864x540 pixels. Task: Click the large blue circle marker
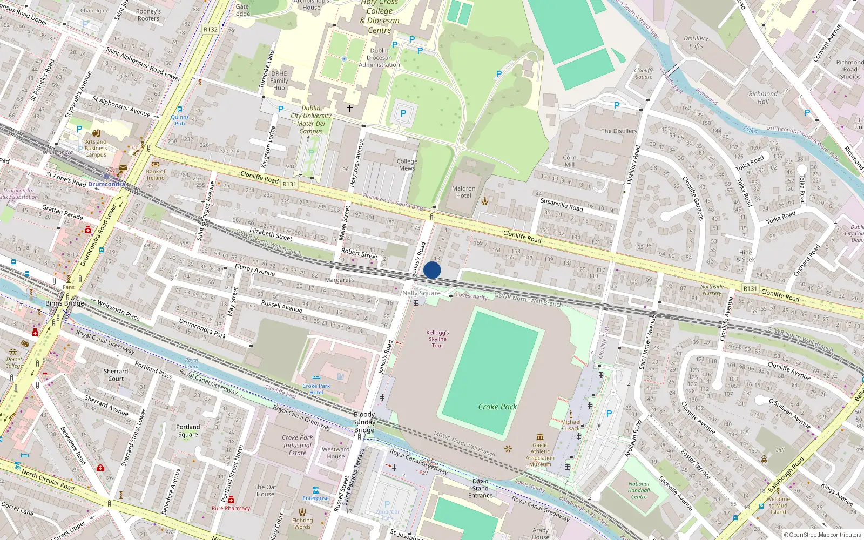coord(432,271)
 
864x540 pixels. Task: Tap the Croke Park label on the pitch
coord(497,407)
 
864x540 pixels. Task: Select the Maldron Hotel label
coord(463,192)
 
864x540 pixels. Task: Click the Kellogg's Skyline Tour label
coord(437,339)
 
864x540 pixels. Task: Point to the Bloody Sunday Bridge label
coord(364,422)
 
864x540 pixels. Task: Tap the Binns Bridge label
coord(65,303)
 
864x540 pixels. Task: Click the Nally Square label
coord(421,293)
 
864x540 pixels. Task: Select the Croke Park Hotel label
coord(316,389)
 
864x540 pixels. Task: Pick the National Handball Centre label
coord(639,490)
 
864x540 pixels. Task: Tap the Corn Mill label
coord(570,161)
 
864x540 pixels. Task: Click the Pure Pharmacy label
coord(231,508)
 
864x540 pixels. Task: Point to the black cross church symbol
coord(350,109)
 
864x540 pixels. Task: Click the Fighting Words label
coord(302,524)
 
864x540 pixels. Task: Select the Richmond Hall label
coord(763,98)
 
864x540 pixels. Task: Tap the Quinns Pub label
coord(180,120)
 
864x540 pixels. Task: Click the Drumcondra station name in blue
coord(106,184)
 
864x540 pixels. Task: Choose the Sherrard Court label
coord(116,375)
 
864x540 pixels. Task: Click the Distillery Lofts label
coord(696,42)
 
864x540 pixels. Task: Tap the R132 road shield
coord(211,30)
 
